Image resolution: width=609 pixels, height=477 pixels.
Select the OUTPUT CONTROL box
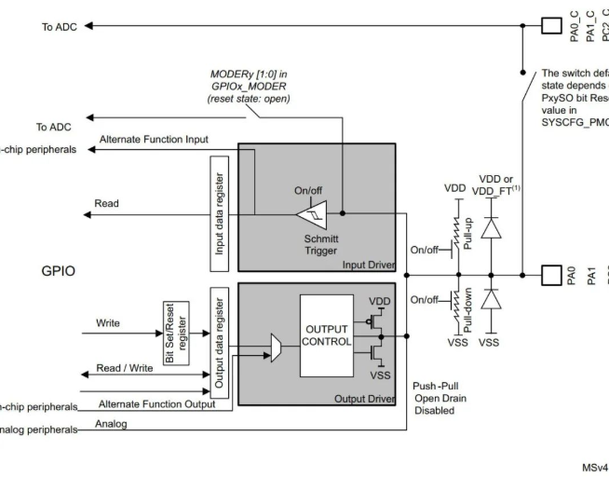click(x=326, y=335)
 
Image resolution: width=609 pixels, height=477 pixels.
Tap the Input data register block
click(x=219, y=212)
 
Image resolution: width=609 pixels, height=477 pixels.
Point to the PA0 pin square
click(x=552, y=275)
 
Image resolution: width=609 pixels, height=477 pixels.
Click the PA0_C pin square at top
click(x=552, y=25)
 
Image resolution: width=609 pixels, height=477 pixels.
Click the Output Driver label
click(x=371, y=398)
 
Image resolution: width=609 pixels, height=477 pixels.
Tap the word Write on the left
click(x=108, y=324)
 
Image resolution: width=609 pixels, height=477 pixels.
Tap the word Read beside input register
click(x=106, y=202)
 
